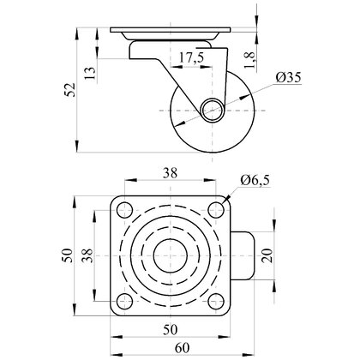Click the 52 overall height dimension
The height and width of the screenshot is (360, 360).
tap(70, 90)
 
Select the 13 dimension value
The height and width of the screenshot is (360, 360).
tap(90, 74)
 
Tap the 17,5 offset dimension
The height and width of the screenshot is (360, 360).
tap(191, 58)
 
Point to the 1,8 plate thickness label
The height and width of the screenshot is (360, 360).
tap(249, 61)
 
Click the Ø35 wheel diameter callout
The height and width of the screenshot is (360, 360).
tap(288, 77)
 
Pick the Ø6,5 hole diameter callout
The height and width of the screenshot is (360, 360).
tap(255, 180)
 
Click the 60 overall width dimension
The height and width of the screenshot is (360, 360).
tap(182, 348)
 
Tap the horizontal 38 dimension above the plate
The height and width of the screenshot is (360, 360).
tap(170, 173)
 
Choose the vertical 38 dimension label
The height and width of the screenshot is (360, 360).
tap(87, 255)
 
